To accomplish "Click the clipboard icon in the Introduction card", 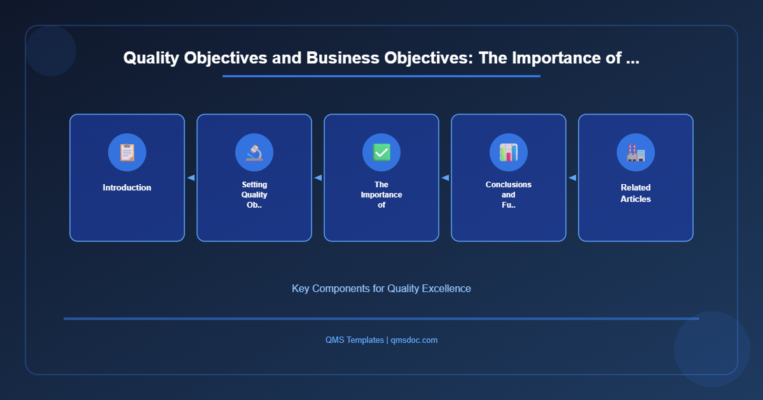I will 127,152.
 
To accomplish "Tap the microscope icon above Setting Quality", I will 254,152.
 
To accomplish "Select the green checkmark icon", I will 381,152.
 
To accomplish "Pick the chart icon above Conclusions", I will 509,152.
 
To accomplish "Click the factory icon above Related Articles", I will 636,152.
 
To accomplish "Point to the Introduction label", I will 127,188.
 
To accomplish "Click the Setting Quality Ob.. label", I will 254,195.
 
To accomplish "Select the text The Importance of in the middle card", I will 381,195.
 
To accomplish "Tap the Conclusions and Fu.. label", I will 509,195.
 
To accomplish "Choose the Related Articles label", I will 636,194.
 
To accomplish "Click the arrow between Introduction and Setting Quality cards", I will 191,178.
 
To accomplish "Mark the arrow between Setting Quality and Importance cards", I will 318,178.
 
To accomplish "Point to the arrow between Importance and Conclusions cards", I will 445,178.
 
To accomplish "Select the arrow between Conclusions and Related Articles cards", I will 572,178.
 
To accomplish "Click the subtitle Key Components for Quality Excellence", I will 381,288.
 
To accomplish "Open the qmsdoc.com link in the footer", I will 414,340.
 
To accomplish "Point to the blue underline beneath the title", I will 381,76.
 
